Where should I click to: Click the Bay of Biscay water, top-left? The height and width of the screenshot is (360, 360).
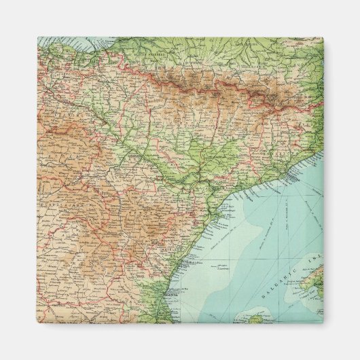click(61, 43)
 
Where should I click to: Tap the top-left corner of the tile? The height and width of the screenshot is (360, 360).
click(37, 37)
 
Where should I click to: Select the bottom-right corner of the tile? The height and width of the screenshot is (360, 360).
click(323, 323)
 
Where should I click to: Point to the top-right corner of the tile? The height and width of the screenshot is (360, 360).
click(323, 37)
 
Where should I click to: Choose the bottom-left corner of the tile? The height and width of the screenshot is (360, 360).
click(37, 323)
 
